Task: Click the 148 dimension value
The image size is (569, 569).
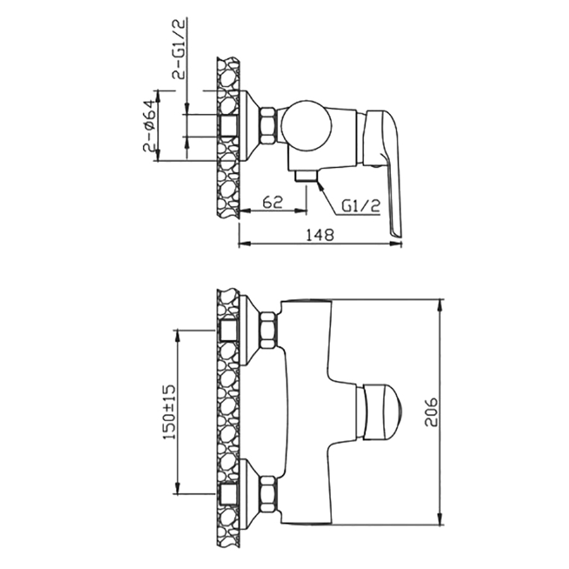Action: pos(320,235)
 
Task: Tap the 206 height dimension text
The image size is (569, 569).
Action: pos(431,412)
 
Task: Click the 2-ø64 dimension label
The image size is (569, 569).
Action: pos(149,126)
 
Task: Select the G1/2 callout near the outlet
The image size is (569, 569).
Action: pos(361,206)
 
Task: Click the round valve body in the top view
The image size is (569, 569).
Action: pos(307,126)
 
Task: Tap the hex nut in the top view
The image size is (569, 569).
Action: pos(269,126)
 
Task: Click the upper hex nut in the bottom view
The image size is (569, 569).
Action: pos(269,331)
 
